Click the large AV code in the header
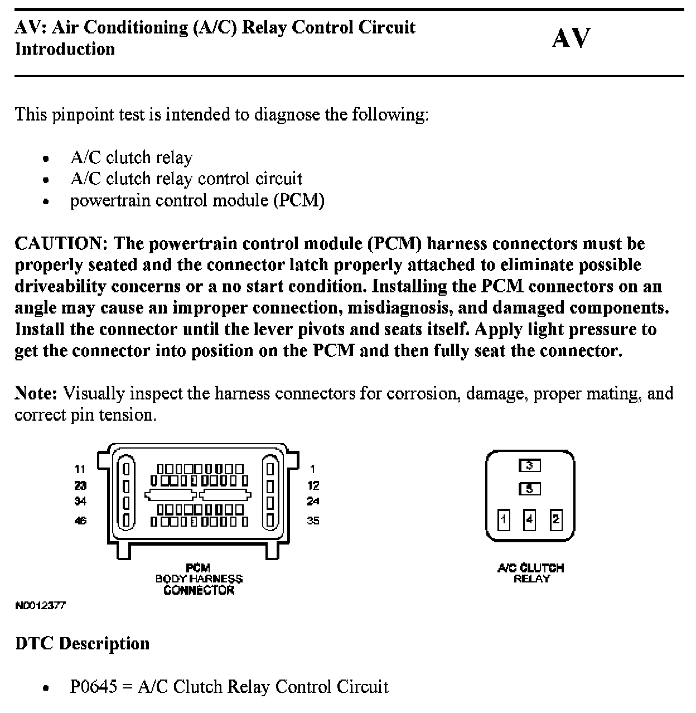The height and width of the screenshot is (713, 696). pos(571,38)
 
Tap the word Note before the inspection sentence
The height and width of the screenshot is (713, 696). pos(36,394)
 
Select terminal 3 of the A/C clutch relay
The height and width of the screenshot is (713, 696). pos(530,465)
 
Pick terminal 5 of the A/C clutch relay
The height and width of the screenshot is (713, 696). pos(530,489)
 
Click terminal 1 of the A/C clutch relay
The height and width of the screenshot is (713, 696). pos(504,520)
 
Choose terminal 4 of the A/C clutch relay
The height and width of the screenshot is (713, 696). pos(530,520)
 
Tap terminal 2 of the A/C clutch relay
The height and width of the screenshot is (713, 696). pos(555,520)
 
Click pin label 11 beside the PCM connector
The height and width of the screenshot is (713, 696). pos(80,470)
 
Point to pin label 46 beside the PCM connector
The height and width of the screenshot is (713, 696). pos(80,521)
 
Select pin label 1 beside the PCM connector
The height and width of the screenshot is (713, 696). pos(313,470)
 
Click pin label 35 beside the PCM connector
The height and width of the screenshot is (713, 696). pos(313,521)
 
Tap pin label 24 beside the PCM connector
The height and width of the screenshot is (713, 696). pos(313,501)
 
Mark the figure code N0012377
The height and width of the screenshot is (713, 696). pos(40,605)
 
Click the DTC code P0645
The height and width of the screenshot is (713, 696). pos(94,686)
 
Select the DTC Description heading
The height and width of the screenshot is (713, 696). pos(83,644)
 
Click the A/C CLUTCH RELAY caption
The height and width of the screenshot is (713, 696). pos(530,573)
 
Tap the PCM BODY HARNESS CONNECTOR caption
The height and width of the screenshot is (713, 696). pos(199,579)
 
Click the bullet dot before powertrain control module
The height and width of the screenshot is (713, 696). pos(46,201)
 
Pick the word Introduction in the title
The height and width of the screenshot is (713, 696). pos(65,49)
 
